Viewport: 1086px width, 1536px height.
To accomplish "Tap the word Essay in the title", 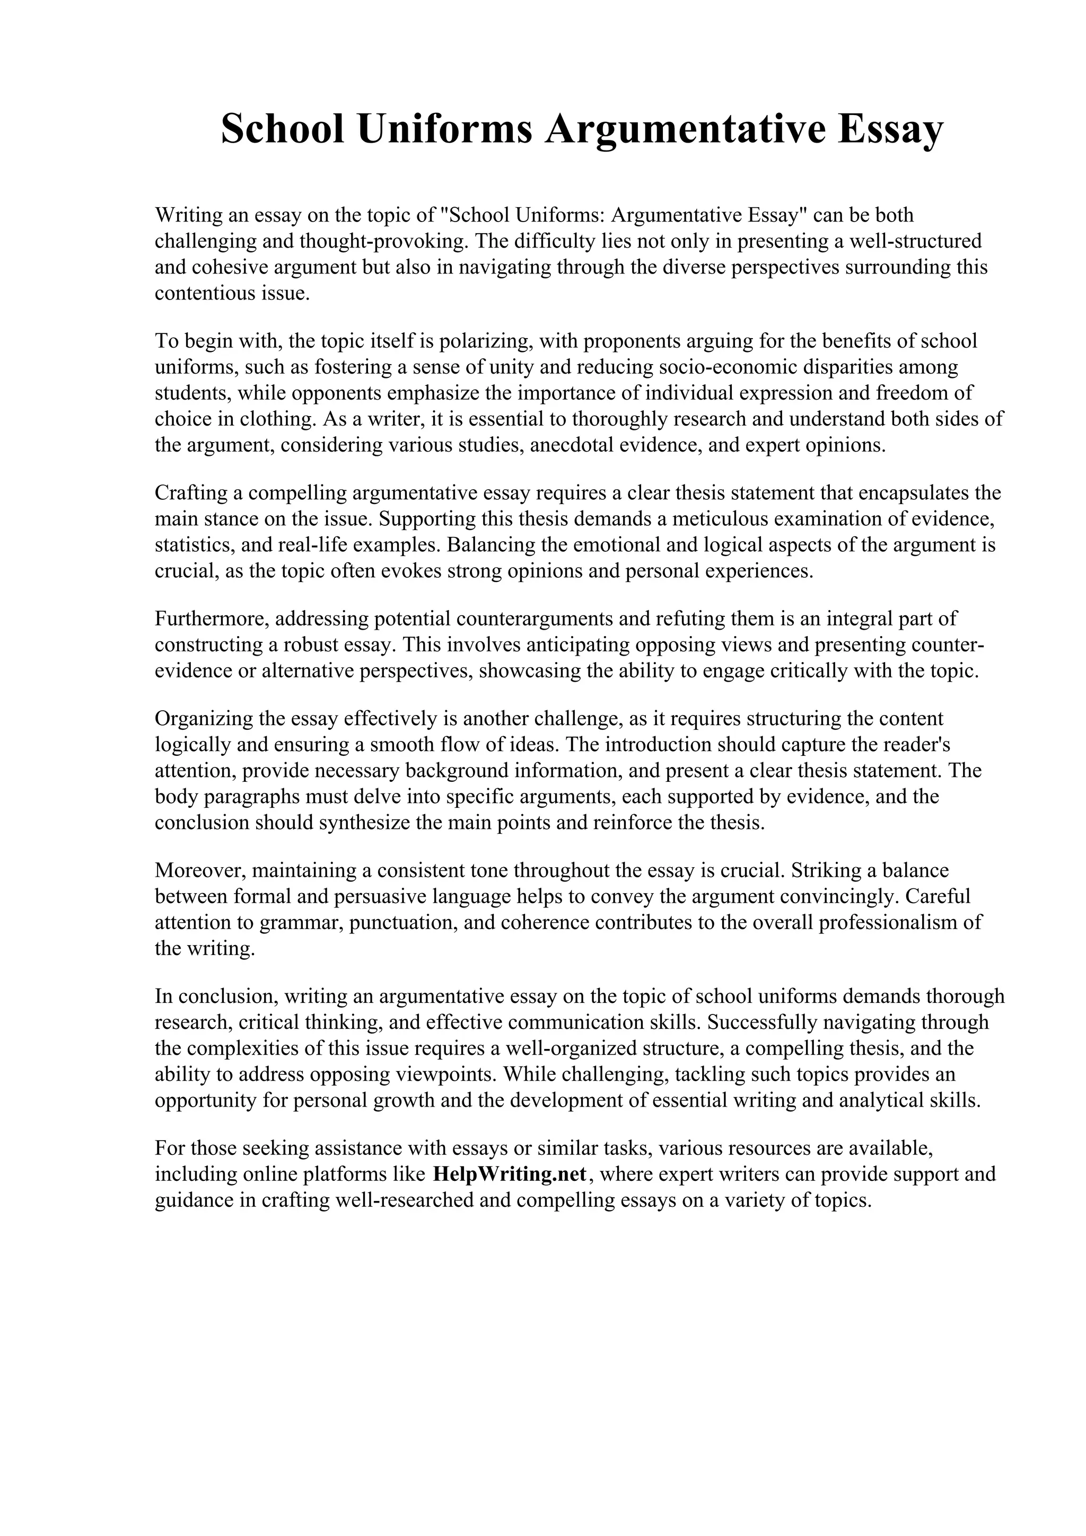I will pos(889,129).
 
